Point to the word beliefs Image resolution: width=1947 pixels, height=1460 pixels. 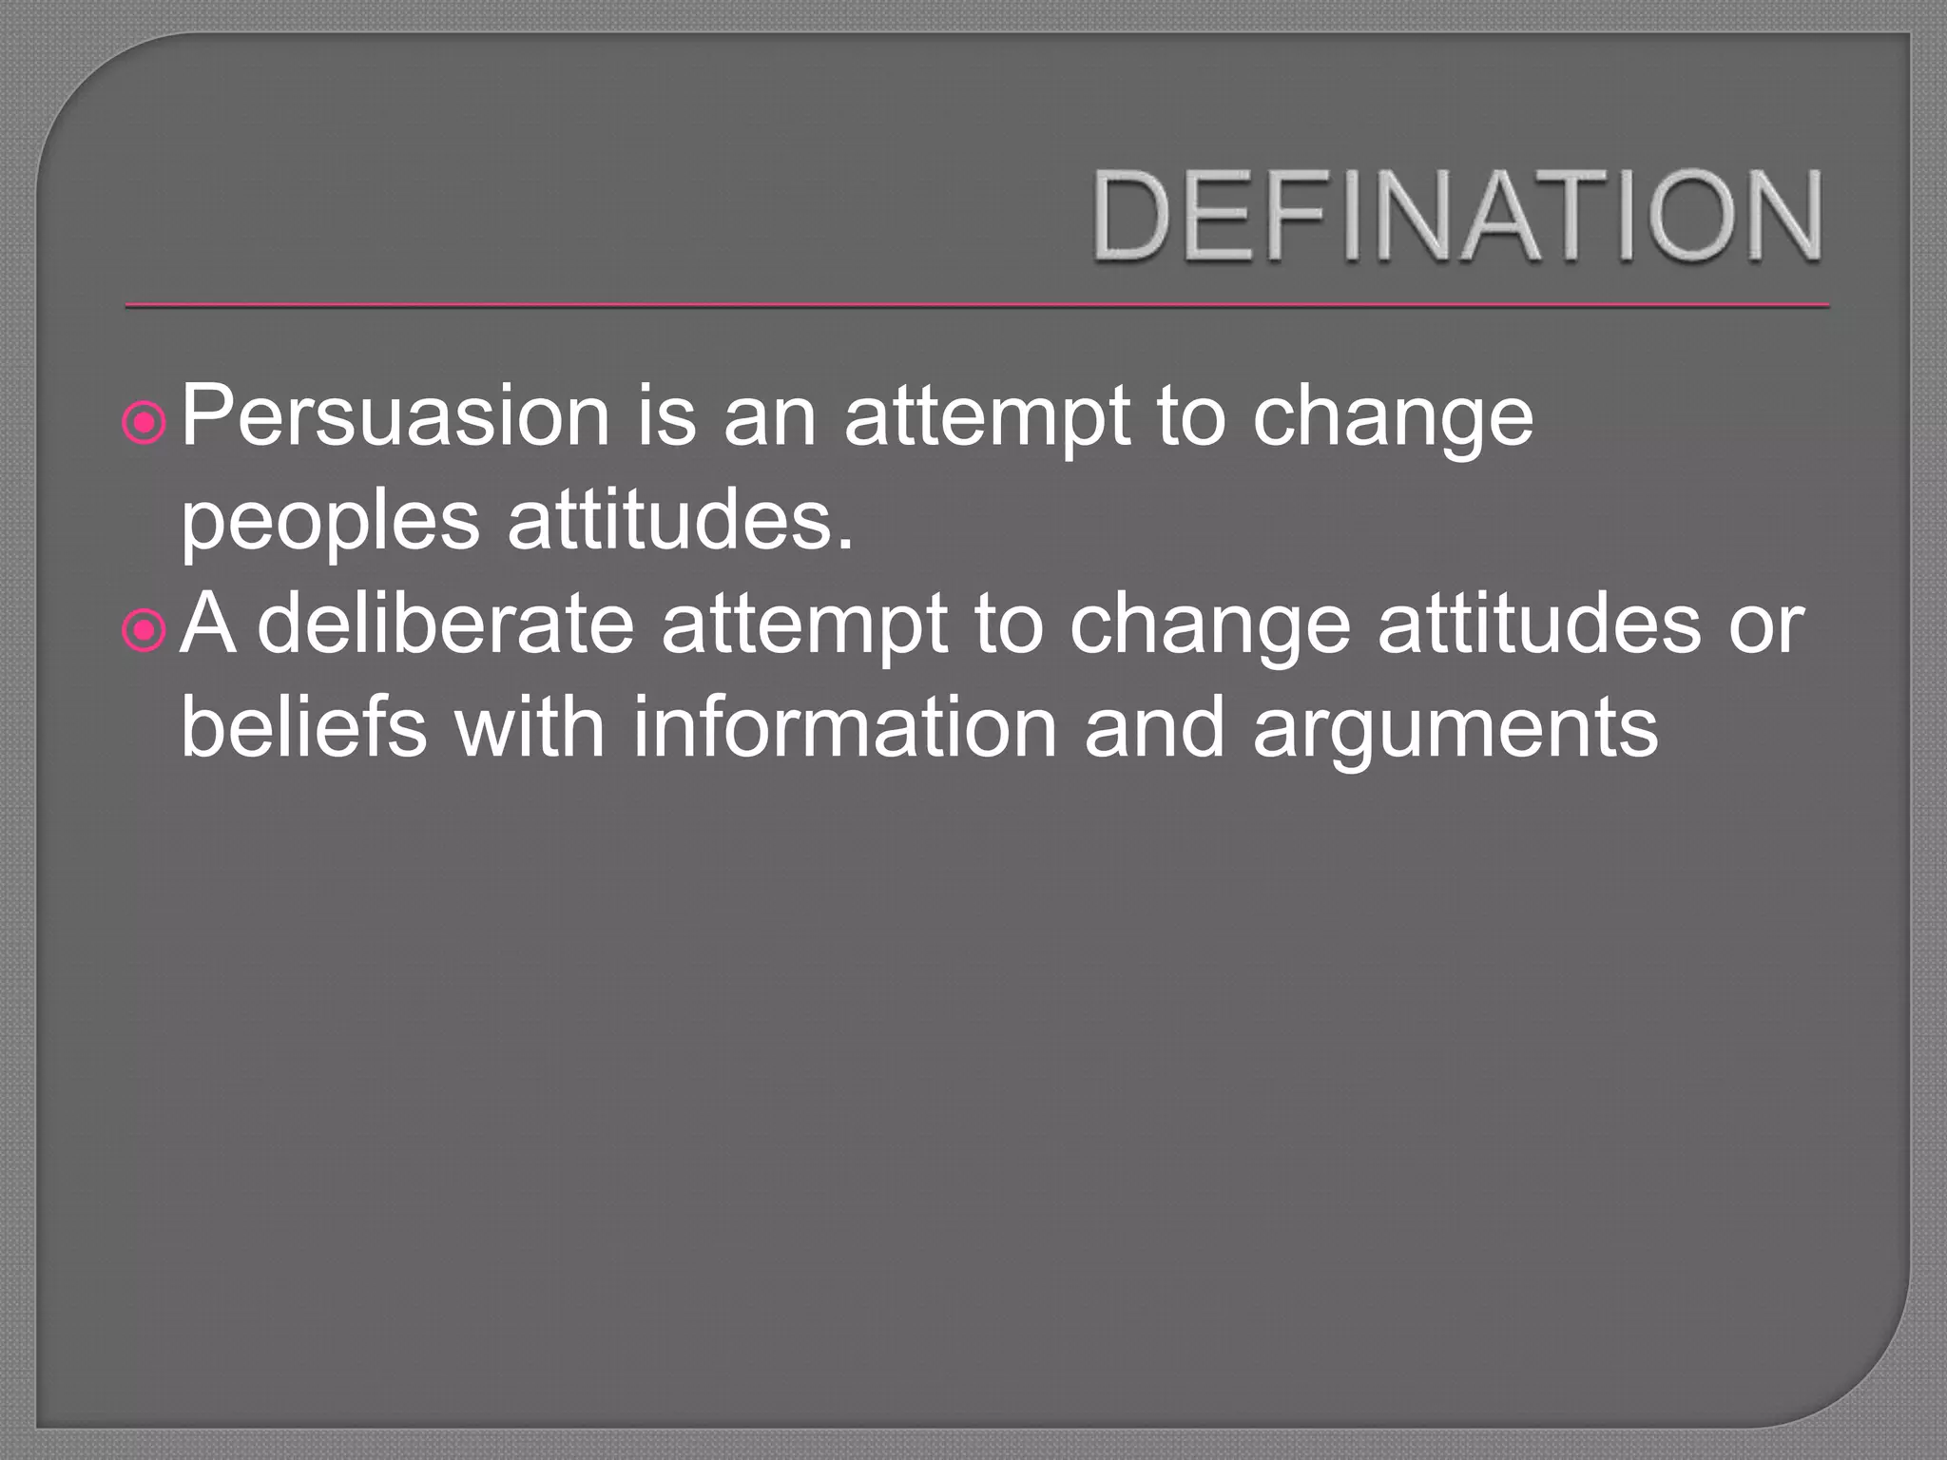point(303,727)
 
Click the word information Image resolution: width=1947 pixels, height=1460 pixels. point(844,727)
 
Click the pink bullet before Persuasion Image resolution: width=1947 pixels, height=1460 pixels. point(145,425)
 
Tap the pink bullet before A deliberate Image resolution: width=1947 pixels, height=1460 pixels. point(145,633)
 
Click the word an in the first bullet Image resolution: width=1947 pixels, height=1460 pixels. point(769,418)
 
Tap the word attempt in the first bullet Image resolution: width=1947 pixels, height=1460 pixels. point(987,418)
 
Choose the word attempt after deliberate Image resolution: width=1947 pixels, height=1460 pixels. point(803,627)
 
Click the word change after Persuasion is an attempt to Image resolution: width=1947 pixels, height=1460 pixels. point(1392,418)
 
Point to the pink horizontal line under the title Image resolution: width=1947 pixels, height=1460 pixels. point(977,306)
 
